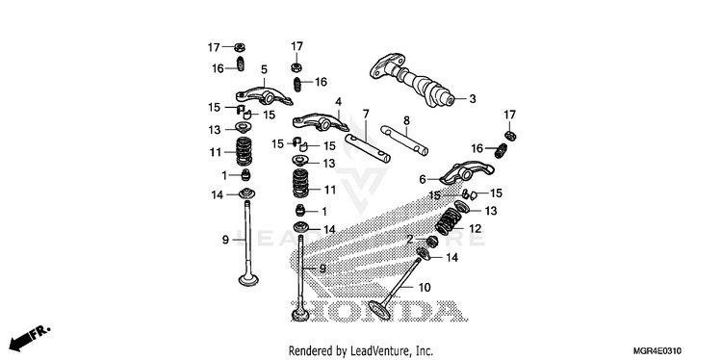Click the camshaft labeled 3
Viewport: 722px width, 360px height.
[x=412, y=80]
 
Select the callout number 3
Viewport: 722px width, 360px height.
[x=472, y=98]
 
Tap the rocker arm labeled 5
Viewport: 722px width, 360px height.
[x=265, y=95]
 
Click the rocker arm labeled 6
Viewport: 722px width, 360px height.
[x=467, y=172]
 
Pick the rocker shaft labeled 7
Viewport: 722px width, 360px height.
[x=368, y=148]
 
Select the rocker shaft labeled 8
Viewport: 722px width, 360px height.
[x=404, y=140]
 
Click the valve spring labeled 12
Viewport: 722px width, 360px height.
[x=449, y=221]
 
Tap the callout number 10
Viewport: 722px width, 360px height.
[x=425, y=288]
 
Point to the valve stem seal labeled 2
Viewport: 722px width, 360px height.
[x=431, y=241]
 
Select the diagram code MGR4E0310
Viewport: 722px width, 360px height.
[x=659, y=351]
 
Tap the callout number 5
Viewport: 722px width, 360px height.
[x=264, y=69]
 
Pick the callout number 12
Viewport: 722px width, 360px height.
[x=475, y=228]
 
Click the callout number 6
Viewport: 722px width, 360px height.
[x=423, y=180]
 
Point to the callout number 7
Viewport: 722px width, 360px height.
[x=366, y=114]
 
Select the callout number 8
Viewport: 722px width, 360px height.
[x=406, y=120]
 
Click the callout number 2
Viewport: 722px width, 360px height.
[x=409, y=240]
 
